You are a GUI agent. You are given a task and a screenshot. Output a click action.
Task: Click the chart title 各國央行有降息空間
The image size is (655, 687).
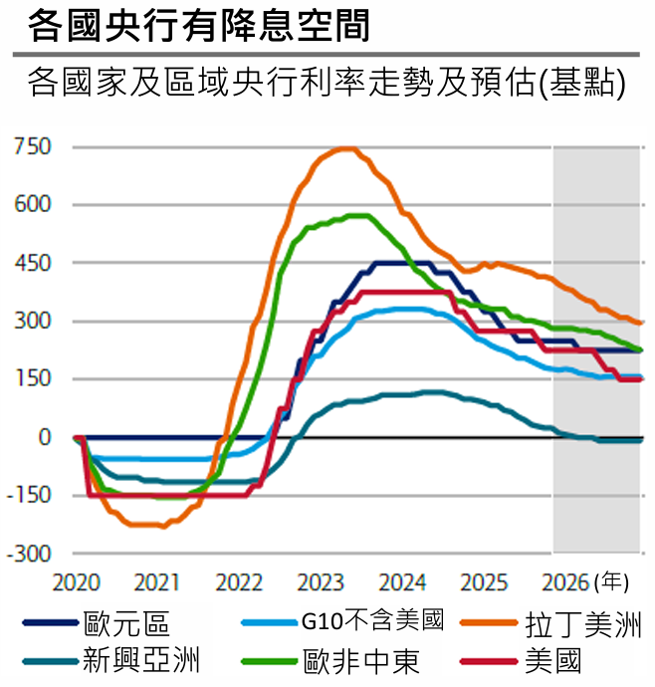coord(199,25)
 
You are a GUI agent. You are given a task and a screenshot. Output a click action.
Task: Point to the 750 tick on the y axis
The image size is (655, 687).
coord(32,146)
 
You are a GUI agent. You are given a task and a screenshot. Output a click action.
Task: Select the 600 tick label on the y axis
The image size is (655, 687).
coord(32,204)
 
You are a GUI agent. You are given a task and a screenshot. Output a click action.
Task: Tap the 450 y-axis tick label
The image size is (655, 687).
coord(32,263)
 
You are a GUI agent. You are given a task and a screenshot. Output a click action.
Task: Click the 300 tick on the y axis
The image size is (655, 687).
coord(32,321)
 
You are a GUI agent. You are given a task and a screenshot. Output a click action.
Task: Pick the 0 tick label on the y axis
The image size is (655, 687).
coord(44,437)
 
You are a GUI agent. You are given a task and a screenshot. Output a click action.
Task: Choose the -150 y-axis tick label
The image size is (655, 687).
coord(29,495)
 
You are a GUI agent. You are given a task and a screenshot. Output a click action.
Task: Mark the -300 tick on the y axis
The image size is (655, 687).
coord(29,554)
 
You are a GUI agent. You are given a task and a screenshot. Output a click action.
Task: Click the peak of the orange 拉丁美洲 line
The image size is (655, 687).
coord(344,148)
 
